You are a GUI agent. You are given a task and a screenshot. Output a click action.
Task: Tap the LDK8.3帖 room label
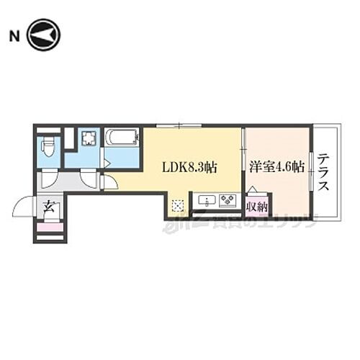[189, 167]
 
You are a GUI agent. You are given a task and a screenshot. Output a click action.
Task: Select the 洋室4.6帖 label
[277, 166]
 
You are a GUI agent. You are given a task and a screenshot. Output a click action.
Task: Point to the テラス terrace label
[325, 173]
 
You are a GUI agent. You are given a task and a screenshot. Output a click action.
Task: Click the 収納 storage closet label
[256, 208]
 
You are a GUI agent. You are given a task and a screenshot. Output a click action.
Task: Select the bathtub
[122, 137]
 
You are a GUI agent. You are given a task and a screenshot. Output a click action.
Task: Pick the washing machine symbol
[89, 138]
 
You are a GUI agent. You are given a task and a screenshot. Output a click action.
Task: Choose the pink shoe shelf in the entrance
[50, 228]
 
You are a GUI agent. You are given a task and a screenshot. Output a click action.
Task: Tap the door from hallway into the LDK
[109, 181]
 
